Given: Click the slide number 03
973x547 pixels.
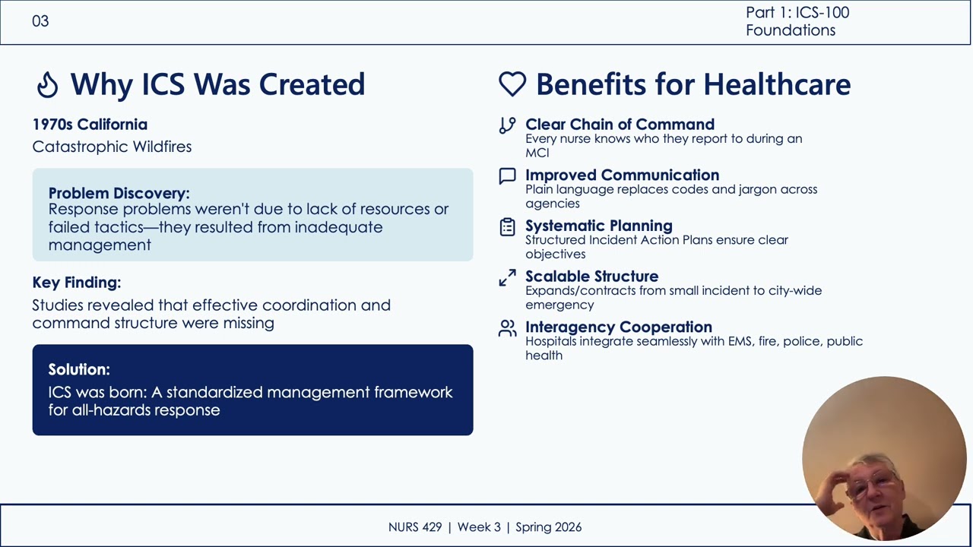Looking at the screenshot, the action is click(x=40, y=21).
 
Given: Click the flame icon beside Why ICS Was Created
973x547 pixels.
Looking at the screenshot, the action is click(x=47, y=84).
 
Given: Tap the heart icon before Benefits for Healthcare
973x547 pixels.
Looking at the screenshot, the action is click(x=512, y=84).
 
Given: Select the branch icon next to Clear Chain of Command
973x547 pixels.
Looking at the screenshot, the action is click(x=507, y=125).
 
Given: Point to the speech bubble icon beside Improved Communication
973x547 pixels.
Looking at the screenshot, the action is click(x=507, y=176).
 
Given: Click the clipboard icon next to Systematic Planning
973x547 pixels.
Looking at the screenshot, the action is click(x=507, y=227).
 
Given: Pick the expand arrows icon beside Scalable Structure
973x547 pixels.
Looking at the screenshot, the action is click(x=507, y=278).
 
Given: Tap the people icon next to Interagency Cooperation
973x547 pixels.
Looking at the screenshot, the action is click(x=507, y=328).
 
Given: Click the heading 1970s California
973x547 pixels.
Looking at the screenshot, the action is click(x=90, y=125).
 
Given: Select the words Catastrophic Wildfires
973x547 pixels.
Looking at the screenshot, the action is click(x=112, y=147).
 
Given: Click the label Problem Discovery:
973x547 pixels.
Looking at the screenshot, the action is click(x=119, y=193).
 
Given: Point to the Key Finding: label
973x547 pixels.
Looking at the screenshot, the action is click(x=77, y=283).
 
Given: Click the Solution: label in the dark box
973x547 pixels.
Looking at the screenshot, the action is click(x=79, y=369).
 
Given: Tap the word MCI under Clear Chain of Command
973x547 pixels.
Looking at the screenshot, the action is click(x=537, y=153).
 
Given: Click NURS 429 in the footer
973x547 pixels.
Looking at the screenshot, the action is click(x=415, y=527).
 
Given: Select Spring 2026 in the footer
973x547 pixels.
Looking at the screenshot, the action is click(x=549, y=527).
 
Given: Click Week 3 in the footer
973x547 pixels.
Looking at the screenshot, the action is click(x=479, y=527).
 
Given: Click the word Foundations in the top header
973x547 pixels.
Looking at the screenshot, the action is click(x=791, y=30).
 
